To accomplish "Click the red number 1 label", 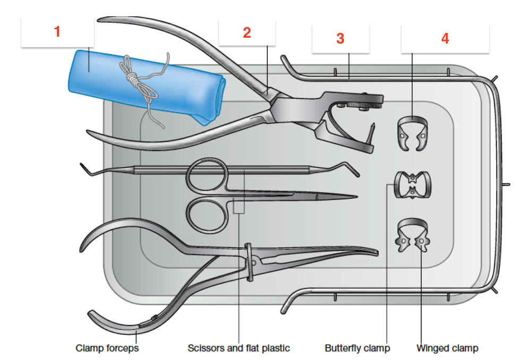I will coord(57,32).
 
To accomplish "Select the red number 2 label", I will coord(247,33).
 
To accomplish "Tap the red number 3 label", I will coord(340,38).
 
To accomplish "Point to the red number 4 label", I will coord(445,38).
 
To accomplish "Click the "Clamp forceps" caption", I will coord(107,348).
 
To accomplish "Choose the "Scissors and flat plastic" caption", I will coord(239,348).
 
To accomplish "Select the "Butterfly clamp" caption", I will coord(357,348).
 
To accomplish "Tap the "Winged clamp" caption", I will coord(448,348).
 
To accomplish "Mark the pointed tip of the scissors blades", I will coord(356,198).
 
